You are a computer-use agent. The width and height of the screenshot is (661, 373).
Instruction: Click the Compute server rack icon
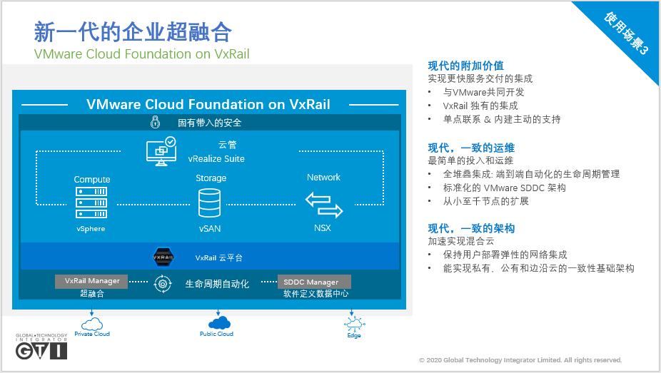(91, 202)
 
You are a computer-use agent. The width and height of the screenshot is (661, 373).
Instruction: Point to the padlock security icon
(154, 122)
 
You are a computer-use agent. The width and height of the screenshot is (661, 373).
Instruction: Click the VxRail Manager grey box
(92, 281)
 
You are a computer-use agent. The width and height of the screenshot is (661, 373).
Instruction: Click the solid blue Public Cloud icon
(216, 322)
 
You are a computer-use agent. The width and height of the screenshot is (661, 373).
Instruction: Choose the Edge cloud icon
(353, 323)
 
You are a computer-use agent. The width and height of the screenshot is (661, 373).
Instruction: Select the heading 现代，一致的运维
(471, 148)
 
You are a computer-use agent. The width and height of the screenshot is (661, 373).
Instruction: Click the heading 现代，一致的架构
(471, 229)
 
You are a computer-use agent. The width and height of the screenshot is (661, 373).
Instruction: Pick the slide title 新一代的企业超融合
(133, 32)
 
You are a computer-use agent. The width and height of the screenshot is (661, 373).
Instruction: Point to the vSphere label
(91, 229)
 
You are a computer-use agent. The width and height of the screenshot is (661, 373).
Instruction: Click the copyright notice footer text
(520, 360)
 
